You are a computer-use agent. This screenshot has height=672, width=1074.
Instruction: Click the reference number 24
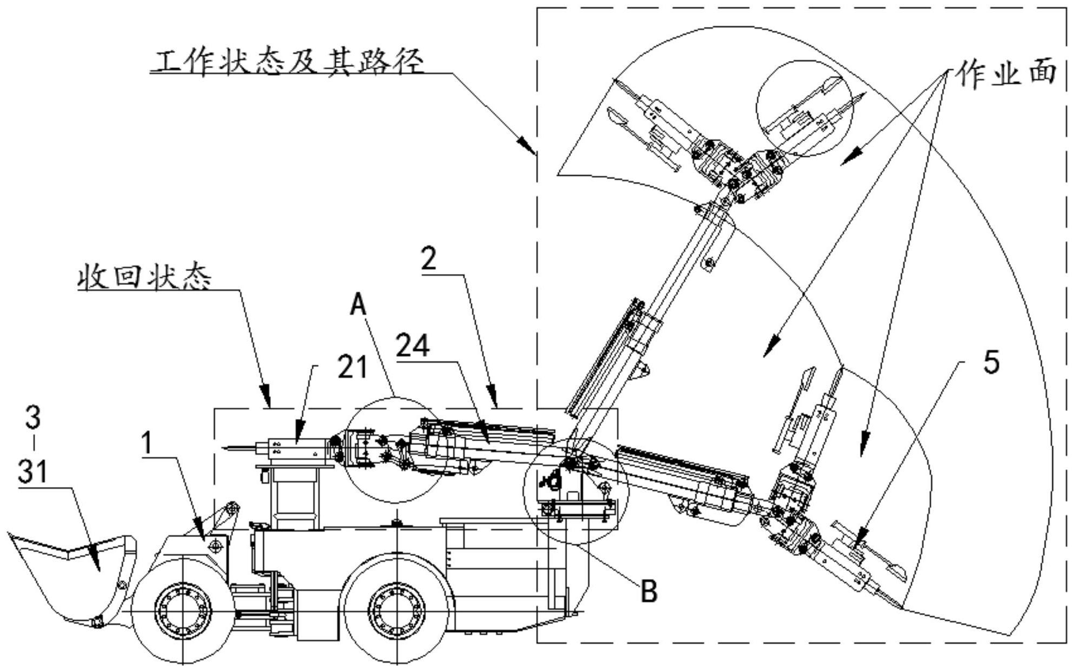[413, 346]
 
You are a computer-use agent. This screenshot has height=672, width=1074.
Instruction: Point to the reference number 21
[352, 368]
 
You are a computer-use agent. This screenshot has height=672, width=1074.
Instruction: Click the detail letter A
[358, 304]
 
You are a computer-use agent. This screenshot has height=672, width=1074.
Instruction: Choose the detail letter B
[649, 591]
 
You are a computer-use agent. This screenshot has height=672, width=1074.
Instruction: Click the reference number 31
[32, 471]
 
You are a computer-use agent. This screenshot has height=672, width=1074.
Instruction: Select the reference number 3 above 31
[32, 417]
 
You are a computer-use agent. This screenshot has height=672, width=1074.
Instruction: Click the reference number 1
[147, 443]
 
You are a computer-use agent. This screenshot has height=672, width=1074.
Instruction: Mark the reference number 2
[429, 260]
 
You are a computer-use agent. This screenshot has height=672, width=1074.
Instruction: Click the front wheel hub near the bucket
[182, 611]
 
